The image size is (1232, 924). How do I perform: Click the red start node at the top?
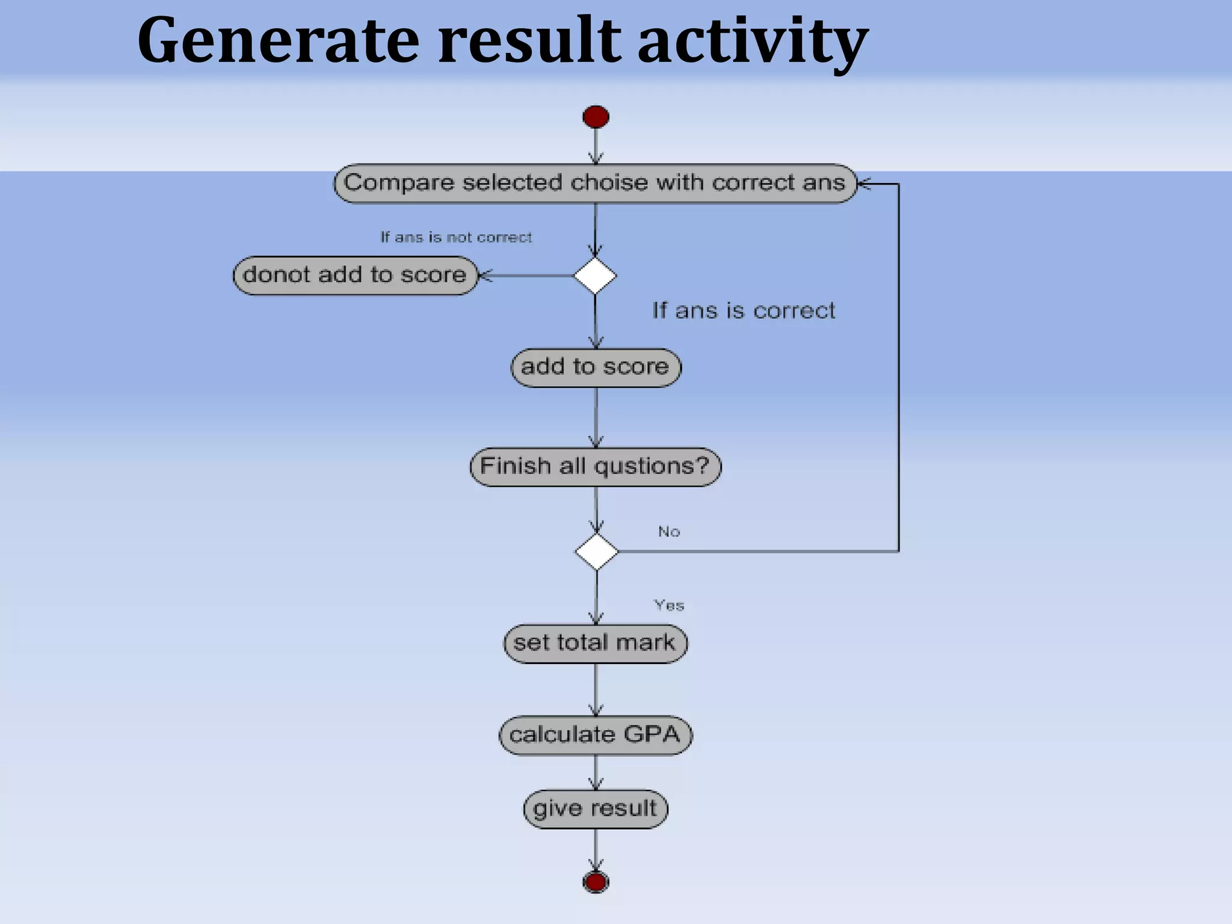pyautogui.click(x=596, y=117)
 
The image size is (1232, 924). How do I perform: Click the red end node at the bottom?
pyautogui.click(x=596, y=882)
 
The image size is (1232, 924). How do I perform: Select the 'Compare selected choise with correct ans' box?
pyautogui.click(x=594, y=183)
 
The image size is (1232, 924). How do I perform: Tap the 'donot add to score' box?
pyautogui.click(x=355, y=276)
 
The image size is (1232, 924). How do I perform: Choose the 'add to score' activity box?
pyautogui.click(x=596, y=367)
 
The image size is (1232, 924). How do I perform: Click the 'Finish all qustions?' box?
pyautogui.click(x=595, y=466)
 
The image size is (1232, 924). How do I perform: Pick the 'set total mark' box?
pyautogui.click(x=595, y=643)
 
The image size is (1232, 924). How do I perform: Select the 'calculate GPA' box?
pyautogui.click(x=595, y=735)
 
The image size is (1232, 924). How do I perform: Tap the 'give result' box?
pyautogui.click(x=595, y=808)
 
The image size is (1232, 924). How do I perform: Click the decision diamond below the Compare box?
pyautogui.click(x=595, y=276)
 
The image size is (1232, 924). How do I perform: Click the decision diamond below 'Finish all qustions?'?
pyautogui.click(x=596, y=551)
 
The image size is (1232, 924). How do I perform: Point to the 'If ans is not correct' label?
pyautogui.click(x=456, y=238)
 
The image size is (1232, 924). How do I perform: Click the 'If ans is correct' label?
pyautogui.click(x=744, y=311)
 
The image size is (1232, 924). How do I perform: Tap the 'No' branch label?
pyautogui.click(x=669, y=532)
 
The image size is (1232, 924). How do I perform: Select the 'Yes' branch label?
pyautogui.click(x=669, y=605)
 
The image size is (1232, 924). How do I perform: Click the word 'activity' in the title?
pyautogui.click(x=752, y=41)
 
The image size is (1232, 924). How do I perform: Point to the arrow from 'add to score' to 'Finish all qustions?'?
pyautogui.click(x=596, y=417)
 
